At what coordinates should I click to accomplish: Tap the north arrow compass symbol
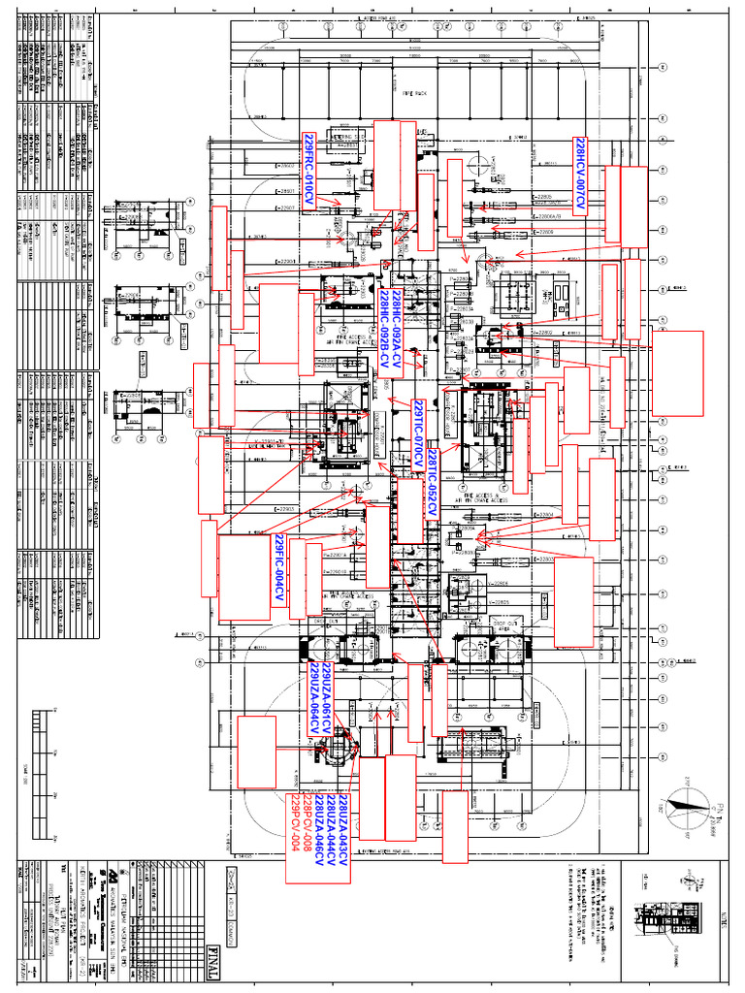[685, 805]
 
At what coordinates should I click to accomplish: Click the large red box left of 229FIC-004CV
[243, 578]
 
